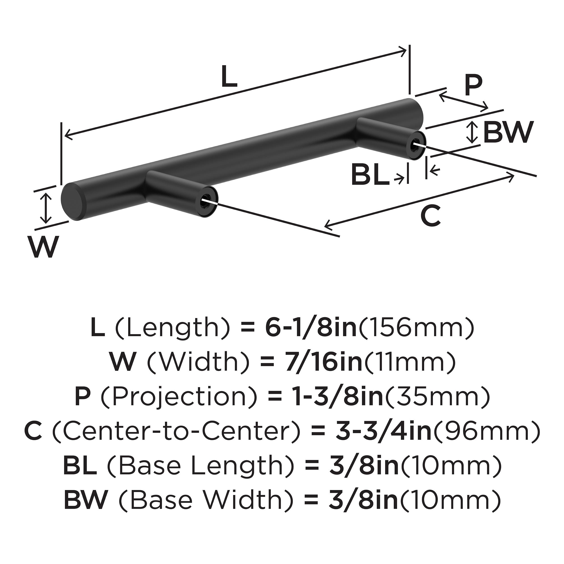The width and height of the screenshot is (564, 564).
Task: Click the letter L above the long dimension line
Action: (x=229, y=77)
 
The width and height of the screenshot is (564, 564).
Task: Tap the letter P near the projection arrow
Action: (x=473, y=86)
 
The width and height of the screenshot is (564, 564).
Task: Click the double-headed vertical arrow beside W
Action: (x=46, y=208)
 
